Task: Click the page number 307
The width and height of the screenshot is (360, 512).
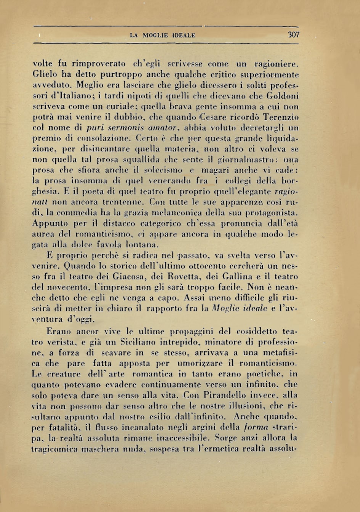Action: point(294,35)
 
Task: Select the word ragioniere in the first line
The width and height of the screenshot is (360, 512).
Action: point(276,64)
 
